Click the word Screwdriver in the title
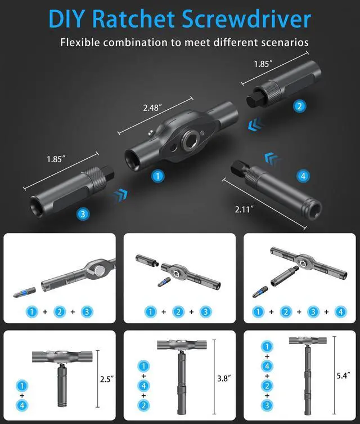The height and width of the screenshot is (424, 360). pyautogui.click(x=246, y=19)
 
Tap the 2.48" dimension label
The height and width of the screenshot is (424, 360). pyautogui.click(x=152, y=108)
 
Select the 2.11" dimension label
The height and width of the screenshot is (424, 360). pyautogui.click(x=245, y=209)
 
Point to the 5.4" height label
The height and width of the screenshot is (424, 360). pyautogui.click(x=343, y=376)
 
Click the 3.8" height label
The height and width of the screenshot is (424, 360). pyautogui.click(x=224, y=378)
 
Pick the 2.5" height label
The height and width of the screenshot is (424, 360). pyautogui.click(x=107, y=379)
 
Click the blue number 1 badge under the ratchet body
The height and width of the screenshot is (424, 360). pyautogui.click(x=157, y=176)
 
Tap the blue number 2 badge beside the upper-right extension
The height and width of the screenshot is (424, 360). pyautogui.click(x=299, y=106)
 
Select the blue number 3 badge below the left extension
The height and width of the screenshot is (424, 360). pyautogui.click(x=83, y=214)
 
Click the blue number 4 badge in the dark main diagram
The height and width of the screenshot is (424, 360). pyautogui.click(x=303, y=176)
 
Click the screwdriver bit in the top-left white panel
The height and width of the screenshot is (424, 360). pyautogui.click(x=25, y=292)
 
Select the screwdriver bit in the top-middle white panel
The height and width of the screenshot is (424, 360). pyautogui.click(x=164, y=282)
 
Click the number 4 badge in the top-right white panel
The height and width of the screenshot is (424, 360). pyautogui.click(x=340, y=312)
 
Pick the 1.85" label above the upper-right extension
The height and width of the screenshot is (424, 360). pyautogui.click(x=263, y=64)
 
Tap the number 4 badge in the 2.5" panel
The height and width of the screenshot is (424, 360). pyautogui.click(x=22, y=405)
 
